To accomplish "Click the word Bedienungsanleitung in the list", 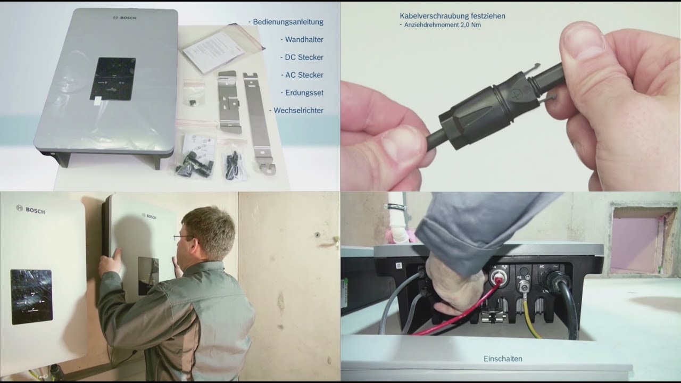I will click(x=288, y=22).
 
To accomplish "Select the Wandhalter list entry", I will click(x=304, y=39).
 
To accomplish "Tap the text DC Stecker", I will click(x=303, y=57).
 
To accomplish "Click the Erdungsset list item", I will click(x=304, y=93).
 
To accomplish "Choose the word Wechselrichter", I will click(x=298, y=110).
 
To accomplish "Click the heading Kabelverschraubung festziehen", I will click(x=452, y=16).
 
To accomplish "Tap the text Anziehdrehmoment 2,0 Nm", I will click(x=442, y=24).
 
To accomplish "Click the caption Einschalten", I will click(x=503, y=359).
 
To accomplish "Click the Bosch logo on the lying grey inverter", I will click(x=125, y=18).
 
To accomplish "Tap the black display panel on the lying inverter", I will click(x=112, y=79).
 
